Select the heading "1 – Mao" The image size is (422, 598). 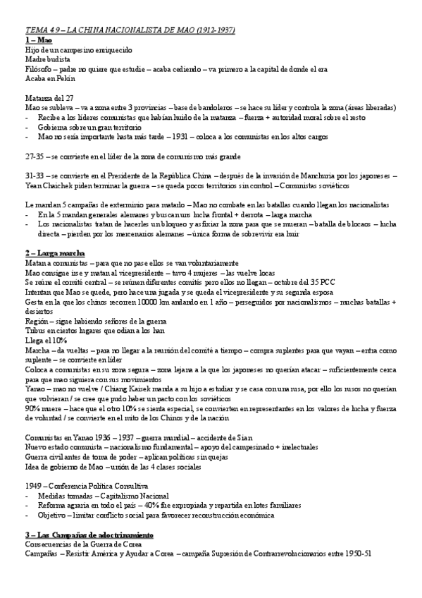point(38,41)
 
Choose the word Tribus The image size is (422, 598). point(35,329)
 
